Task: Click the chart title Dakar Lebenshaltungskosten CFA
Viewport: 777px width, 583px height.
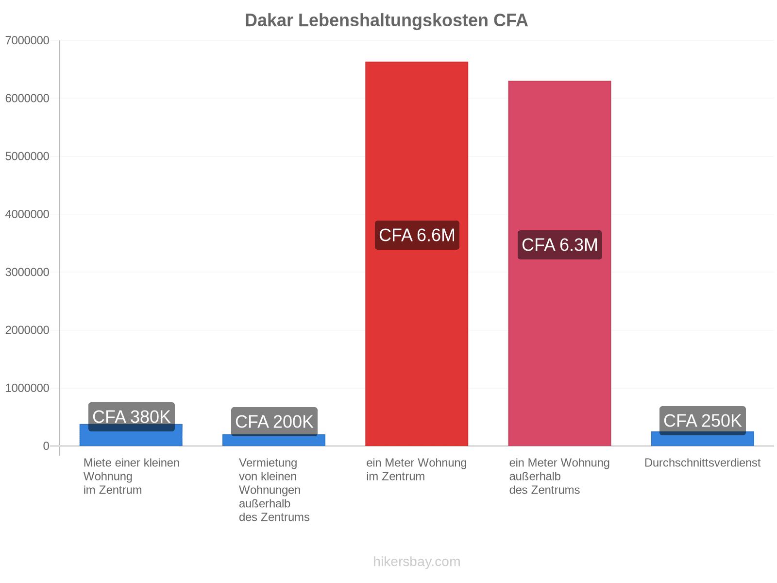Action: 386,20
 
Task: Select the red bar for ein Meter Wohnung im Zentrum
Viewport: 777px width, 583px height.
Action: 416,254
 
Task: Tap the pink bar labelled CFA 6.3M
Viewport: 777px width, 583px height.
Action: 559,263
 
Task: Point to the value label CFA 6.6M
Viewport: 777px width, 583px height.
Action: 417,235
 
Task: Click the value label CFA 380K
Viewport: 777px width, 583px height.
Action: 131,417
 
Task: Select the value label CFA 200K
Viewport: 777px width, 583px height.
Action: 274,422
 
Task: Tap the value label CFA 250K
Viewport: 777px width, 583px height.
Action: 703,421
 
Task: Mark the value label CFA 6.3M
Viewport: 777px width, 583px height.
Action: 559,244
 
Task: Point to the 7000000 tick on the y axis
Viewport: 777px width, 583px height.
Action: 27,40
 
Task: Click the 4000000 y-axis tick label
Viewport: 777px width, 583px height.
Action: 27,214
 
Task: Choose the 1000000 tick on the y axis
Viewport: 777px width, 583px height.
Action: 27,388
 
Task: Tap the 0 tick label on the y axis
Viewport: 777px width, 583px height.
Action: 46,446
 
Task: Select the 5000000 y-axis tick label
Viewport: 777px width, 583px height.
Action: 27,156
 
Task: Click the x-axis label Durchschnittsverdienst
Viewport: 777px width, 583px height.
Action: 702,463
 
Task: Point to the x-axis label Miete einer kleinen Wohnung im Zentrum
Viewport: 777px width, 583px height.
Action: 131,476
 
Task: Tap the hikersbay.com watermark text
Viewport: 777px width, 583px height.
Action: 417,562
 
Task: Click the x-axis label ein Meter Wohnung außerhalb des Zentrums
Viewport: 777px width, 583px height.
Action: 559,476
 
